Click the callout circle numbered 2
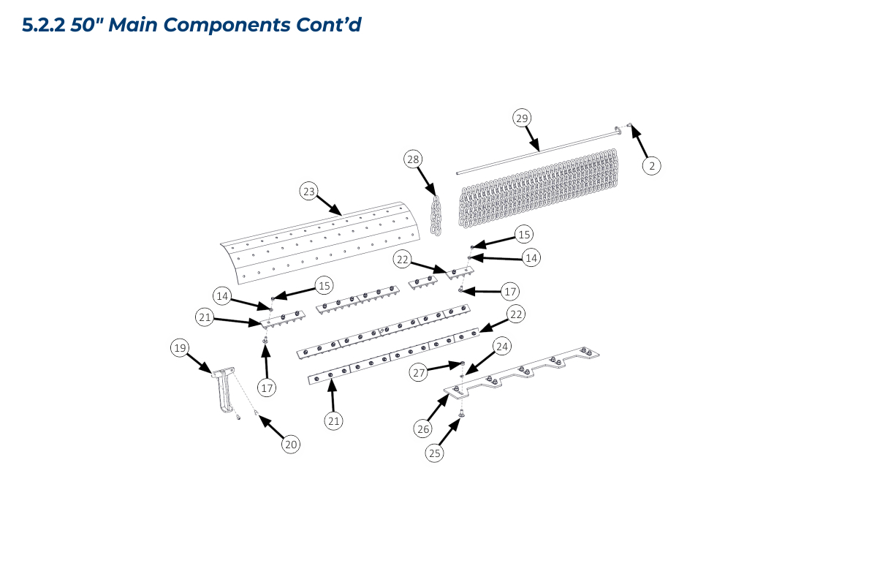(652, 166)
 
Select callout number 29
(521, 118)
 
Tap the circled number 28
(413, 159)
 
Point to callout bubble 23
(309, 192)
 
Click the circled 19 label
(180, 348)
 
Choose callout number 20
(291, 444)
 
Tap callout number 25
(435, 453)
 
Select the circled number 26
(423, 429)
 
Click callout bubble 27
(418, 372)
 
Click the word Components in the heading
(227, 25)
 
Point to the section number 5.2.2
(44, 25)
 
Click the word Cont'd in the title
(328, 25)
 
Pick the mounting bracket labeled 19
(222, 391)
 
